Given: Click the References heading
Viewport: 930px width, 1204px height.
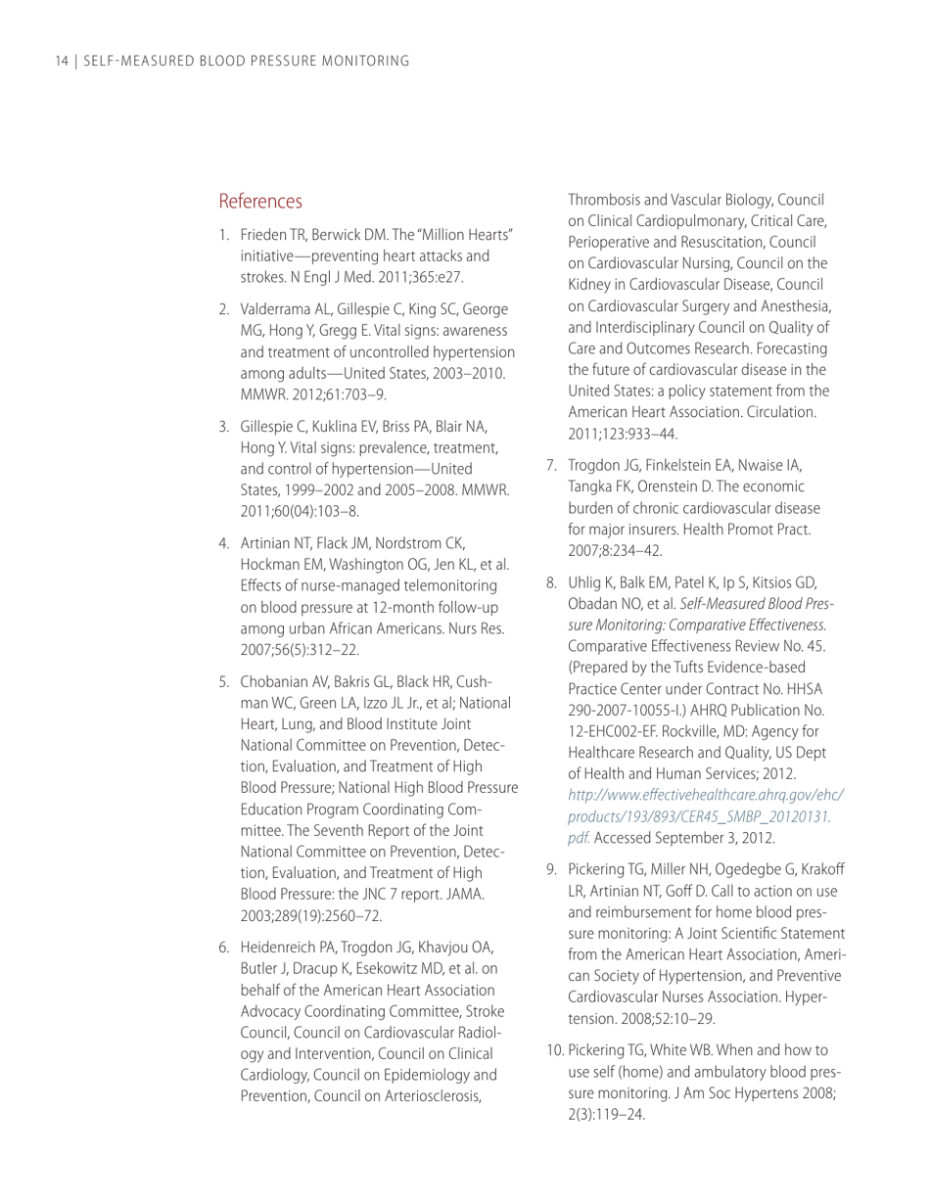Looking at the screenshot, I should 260,202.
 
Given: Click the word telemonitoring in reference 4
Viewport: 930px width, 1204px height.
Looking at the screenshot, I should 449,585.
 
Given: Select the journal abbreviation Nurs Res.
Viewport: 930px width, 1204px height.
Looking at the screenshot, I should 482,627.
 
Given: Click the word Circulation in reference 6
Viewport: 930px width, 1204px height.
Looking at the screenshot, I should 779,412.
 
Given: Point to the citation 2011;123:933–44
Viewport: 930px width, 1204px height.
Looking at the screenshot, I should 624,434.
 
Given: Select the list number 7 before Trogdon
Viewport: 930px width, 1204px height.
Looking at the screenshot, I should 551,465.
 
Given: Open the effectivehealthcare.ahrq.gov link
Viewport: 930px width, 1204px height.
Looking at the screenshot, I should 705,795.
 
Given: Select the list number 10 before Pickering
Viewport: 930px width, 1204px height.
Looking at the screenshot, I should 554,1050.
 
